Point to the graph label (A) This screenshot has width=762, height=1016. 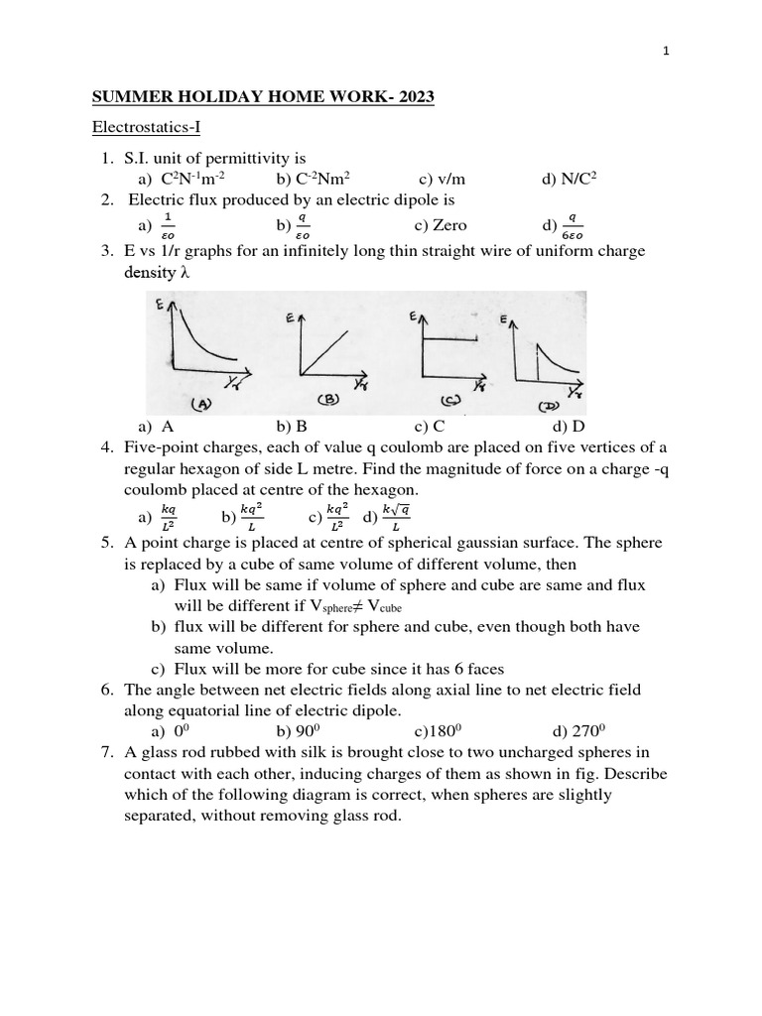click(203, 403)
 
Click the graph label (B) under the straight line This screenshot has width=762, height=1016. click(328, 400)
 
